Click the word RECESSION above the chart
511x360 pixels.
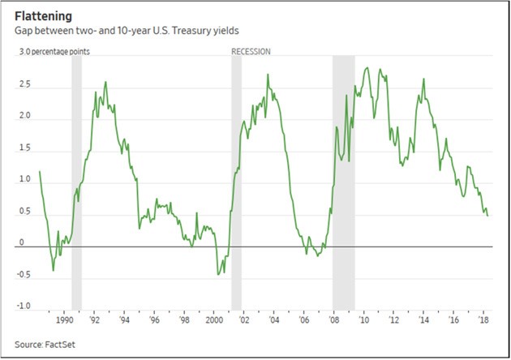coord(251,51)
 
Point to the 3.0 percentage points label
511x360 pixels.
coord(54,51)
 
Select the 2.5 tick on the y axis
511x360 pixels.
coord(25,84)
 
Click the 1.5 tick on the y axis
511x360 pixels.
coord(25,149)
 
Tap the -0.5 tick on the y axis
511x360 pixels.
coord(24,276)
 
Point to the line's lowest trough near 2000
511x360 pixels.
coord(217,274)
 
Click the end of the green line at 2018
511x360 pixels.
coord(488,216)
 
